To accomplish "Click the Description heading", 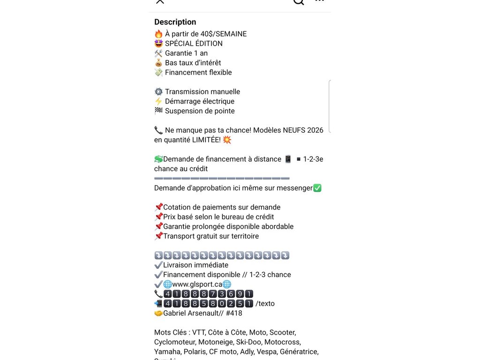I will click(175, 22).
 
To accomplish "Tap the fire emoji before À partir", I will click(158, 34).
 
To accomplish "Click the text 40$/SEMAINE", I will click(224, 34).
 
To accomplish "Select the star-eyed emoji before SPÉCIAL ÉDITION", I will click(158, 44).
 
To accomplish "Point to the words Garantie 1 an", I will click(186, 53).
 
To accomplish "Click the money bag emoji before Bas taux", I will click(158, 63).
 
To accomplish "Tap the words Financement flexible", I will click(198, 73).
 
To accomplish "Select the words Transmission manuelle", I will click(202, 92).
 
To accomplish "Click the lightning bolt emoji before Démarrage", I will click(158, 101).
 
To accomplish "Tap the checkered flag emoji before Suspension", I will click(158, 111).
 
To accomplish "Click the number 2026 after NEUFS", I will click(315, 130).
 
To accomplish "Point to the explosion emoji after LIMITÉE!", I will click(227, 140).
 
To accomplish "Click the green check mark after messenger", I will click(317, 188).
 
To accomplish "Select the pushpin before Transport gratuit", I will click(158, 236).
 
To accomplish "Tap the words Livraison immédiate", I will click(196, 265).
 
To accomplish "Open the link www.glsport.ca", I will click(197, 285).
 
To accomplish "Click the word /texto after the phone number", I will click(265, 304).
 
